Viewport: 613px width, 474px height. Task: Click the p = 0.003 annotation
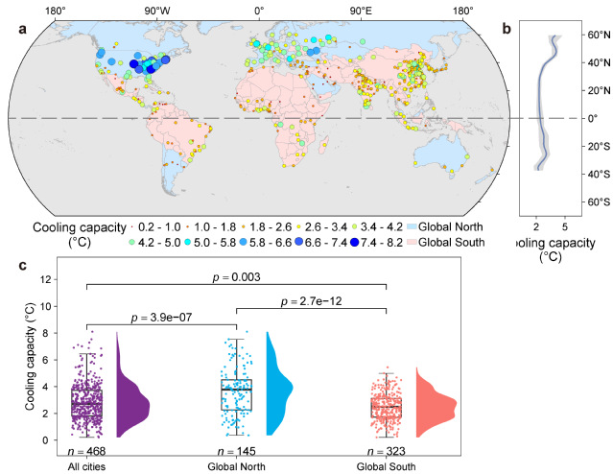click(x=236, y=276)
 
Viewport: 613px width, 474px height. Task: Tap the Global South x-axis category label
click(x=386, y=465)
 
